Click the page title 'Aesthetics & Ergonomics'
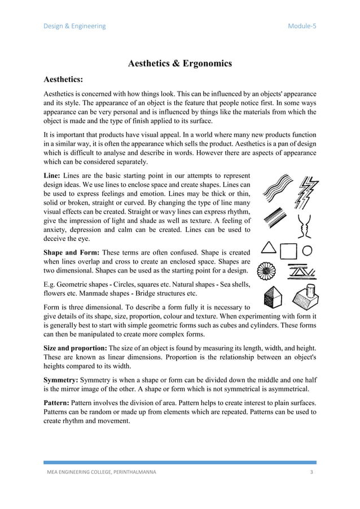coord(179,64)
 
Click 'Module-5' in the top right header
coord(302,26)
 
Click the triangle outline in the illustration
coord(269,248)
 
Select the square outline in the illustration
coord(288,250)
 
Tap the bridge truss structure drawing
coord(303,272)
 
